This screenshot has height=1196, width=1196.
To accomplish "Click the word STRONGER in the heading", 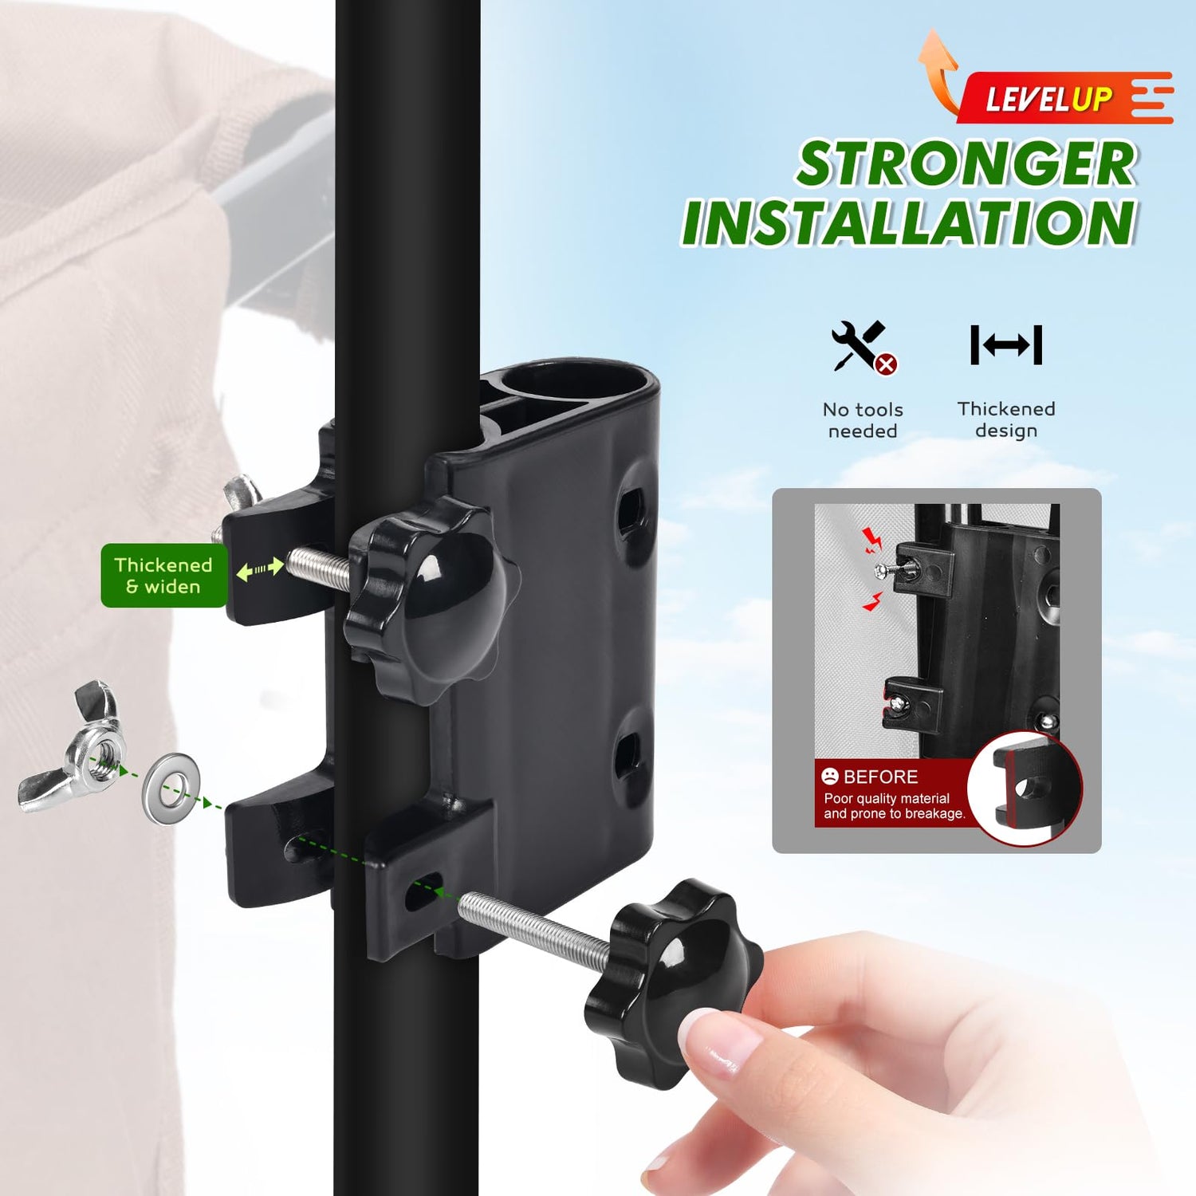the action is pyautogui.click(x=966, y=164).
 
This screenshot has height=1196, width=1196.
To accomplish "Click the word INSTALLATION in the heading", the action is pyautogui.click(x=909, y=222).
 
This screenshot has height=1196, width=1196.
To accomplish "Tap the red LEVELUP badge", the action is pyautogui.click(x=1066, y=98).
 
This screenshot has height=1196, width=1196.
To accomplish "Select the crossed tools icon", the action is pyautogui.click(x=864, y=346).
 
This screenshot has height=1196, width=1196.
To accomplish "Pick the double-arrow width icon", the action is pyautogui.click(x=1006, y=344).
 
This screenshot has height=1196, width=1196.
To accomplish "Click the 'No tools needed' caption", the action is pyautogui.click(x=863, y=420).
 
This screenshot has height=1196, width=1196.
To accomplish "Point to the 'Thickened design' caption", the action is pyautogui.click(x=1006, y=419).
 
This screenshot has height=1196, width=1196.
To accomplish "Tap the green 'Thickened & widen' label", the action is pyautogui.click(x=164, y=576).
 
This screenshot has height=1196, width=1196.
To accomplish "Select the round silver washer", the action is pyautogui.click(x=171, y=789).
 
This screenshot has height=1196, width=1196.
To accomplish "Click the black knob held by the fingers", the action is pyautogui.click(x=670, y=982).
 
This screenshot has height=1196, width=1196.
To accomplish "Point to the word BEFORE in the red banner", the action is pyautogui.click(x=880, y=777).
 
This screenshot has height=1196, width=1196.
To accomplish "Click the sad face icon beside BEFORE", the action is pyautogui.click(x=830, y=776).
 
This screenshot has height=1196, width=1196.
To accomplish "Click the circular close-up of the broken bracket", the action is pyautogui.click(x=1025, y=788).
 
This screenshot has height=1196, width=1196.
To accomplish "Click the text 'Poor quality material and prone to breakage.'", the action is pyautogui.click(x=894, y=806).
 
